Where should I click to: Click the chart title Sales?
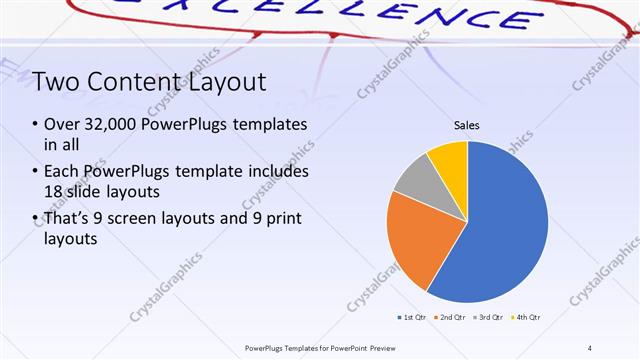pyautogui.click(x=467, y=125)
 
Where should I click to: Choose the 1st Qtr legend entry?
pyautogui.click(x=412, y=317)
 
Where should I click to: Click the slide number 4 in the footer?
pyautogui.click(x=589, y=347)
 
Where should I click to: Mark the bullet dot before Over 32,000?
pyautogui.click(x=35, y=126)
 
